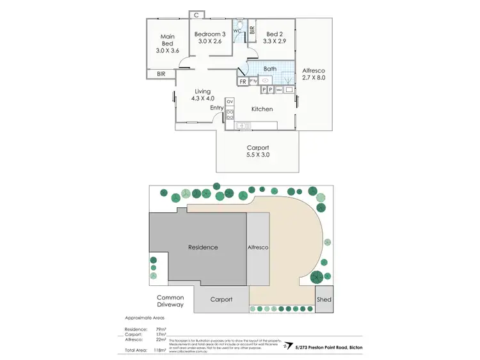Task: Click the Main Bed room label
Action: pyautogui.click(x=168, y=43)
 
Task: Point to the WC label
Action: pyautogui.click(x=236, y=31)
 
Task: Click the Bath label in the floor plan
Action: pyautogui.click(x=269, y=68)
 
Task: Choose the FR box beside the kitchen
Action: pyautogui.click(x=243, y=82)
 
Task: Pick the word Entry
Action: pyautogui.click(x=216, y=108)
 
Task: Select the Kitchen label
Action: pyautogui.click(x=262, y=109)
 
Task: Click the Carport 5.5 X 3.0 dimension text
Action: pyautogui.click(x=257, y=155)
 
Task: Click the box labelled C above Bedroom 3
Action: pyautogui.click(x=197, y=15)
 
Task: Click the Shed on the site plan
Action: pyautogui.click(x=324, y=299)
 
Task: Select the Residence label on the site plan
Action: pyautogui.click(x=202, y=247)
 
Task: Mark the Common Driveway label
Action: pyautogui.click(x=171, y=301)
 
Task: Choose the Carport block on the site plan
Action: pyautogui.click(x=221, y=299)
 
